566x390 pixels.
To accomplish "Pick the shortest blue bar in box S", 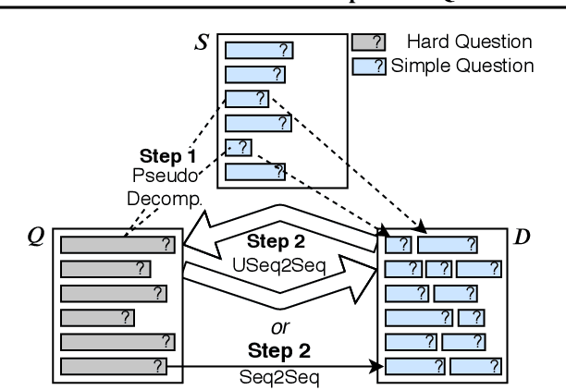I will tap(239, 146).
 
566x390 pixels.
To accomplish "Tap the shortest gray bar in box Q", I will tap(98, 318).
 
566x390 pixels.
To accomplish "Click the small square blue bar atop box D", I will tap(397, 244).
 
